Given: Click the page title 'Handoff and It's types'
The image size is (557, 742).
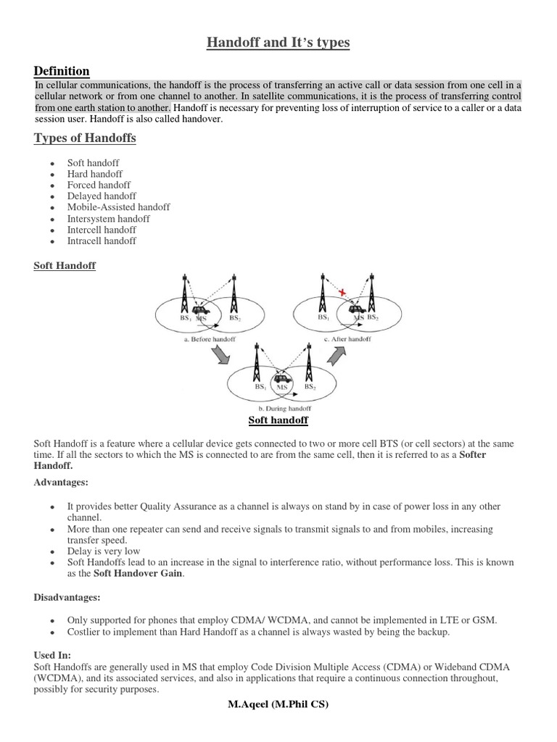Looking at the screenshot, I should pos(278,43).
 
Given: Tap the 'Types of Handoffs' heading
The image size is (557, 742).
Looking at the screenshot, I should pos(85,138).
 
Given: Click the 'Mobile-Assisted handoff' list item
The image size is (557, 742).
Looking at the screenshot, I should pos(118,207).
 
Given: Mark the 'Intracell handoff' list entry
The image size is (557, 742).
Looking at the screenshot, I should pos(102,241).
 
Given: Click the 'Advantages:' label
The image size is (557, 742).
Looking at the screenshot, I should pos(62,482).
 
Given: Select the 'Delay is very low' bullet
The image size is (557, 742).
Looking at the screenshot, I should pos(103,551).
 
